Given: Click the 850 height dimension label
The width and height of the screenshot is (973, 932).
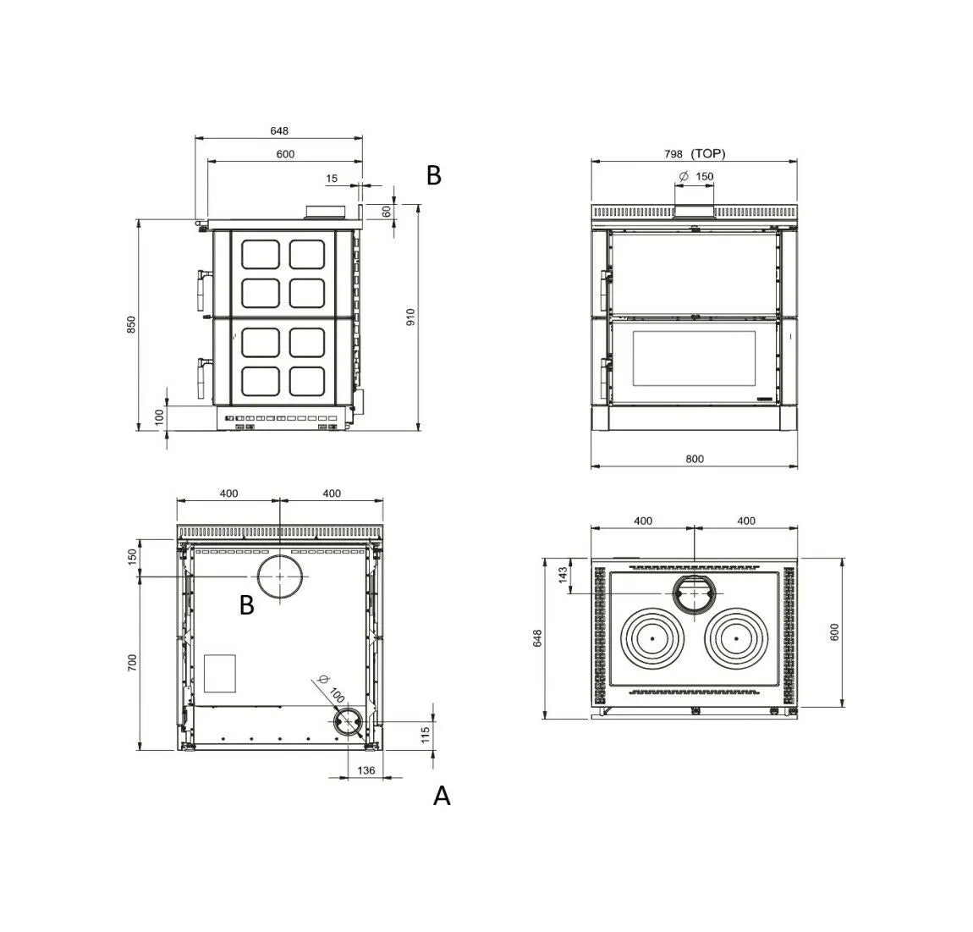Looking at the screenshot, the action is coord(131,324).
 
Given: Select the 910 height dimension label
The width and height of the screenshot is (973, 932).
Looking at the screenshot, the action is coord(410,317).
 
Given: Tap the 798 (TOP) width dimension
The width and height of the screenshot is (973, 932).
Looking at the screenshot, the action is coord(695,153).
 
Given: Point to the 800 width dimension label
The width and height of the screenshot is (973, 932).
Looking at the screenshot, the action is coord(695,459).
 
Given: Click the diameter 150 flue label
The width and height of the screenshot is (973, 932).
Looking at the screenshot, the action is coord(696,176).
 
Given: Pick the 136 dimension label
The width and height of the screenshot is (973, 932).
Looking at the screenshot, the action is coord(366,770).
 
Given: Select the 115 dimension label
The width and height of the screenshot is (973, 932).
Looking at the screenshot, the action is coord(425,735).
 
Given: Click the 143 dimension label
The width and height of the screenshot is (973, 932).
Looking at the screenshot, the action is coord(563,575).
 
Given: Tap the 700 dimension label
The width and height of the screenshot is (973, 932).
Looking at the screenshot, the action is coord(131,663).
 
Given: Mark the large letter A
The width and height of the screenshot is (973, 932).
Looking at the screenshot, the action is coord(441,796).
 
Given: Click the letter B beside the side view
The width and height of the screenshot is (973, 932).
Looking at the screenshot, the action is coord(434,176).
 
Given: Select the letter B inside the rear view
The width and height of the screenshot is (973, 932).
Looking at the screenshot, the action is coord(247,604).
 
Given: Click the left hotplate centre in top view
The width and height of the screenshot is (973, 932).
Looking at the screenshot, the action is coord(652,638).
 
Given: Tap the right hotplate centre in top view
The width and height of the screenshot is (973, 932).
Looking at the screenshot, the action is coord(737,638).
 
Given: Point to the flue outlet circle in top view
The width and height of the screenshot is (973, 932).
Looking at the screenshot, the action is coord(695,574).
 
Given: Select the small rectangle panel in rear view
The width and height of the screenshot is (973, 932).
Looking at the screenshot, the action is coord(220,673).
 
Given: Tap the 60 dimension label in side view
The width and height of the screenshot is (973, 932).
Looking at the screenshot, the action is coord(387,212).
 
